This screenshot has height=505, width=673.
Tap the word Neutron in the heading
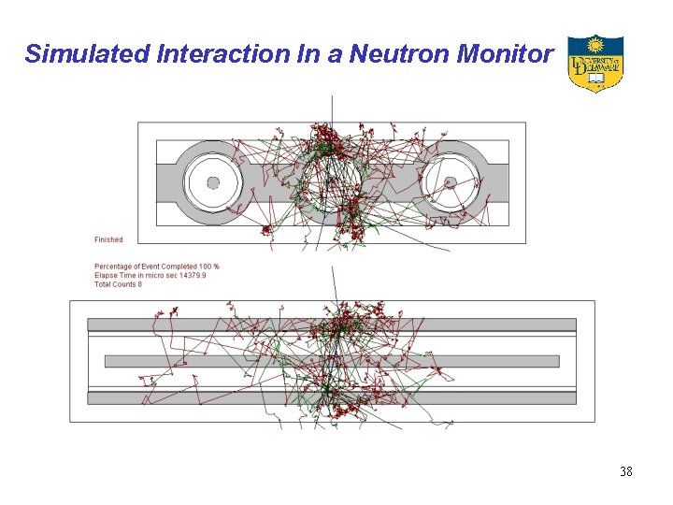pyautogui.click(x=386, y=54)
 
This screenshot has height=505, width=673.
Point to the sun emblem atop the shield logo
pyautogui.click(x=594, y=44)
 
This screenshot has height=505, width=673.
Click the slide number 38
pyautogui.click(x=626, y=471)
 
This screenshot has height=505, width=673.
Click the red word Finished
pyautogui.click(x=108, y=240)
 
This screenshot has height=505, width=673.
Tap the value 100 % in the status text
pyautogui.click(x=208, y=267)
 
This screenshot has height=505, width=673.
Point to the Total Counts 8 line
pyautogui.click(x=119, y=284)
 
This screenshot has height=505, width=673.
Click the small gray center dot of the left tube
pyautogui.click(x=213, y=182)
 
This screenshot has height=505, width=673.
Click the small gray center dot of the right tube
pyautogui.click(x=450, y=182)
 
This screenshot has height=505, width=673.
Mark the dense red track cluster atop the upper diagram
pyautogui.click(x=323, y=137)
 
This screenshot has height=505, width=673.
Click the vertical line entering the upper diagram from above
pyautogui.click(x=332, y=108)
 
